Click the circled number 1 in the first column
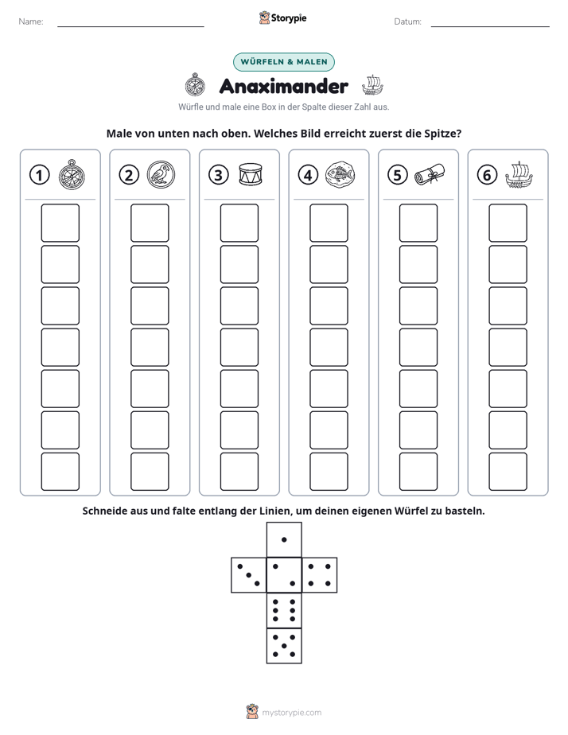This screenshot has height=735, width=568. (x=39, y=175)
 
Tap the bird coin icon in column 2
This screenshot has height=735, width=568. (x=161, y=174)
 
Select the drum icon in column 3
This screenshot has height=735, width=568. (x=251, y=174)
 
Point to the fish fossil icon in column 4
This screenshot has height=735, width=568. (x=340, y=174)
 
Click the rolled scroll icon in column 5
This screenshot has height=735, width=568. (x=430, y=174)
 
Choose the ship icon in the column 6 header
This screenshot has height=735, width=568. (x=519, y=175)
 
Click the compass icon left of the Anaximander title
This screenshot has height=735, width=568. (x=195, y=85)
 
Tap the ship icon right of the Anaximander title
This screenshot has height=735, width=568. (x=372, y=85)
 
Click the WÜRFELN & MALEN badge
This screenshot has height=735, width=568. (x=284, y=62)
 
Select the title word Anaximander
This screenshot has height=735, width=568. (x=284, y=86)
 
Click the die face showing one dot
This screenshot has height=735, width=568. (x=284, y=539)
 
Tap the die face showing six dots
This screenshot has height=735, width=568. (x=284, y=610)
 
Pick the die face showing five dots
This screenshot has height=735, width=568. (x=284, y=646)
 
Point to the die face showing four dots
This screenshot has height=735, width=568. (x=320, y=575)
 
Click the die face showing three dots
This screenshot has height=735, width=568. (x=249, y=575)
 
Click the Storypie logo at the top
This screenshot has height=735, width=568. (x=282, y=17)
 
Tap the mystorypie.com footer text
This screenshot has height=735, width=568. (x=291, y=713)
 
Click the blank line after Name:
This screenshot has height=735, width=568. (x=130, y=26)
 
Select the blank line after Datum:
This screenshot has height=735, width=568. (x=490, y=26)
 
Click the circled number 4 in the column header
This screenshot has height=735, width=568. (x=308, y=175)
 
